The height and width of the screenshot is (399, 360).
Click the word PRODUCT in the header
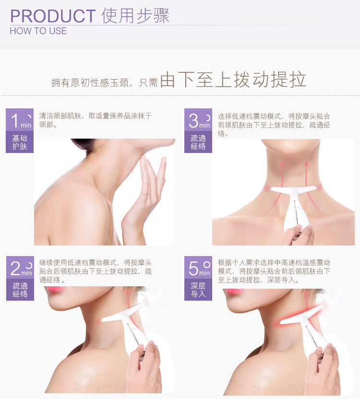point(53,16)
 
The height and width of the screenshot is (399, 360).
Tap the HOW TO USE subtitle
point(38,31)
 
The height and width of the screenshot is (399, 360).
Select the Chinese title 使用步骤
point(135,15)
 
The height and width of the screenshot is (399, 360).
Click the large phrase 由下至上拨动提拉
point(233,80)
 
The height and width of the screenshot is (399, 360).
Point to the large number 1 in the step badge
point(14,120)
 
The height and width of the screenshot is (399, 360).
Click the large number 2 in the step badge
point(15,269)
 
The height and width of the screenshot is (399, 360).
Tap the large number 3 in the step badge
point(193,120)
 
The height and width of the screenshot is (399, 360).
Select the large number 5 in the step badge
point(193,269)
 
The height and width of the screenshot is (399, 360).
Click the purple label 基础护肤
point(20,142)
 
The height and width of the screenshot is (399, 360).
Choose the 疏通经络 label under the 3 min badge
point(198,142)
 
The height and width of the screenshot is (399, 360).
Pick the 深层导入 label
point(198,290)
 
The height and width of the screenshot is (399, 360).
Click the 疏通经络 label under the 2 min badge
point(20,290)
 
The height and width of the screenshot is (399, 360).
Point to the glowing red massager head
point(300,317)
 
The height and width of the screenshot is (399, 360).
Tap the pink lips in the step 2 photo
point(56,289)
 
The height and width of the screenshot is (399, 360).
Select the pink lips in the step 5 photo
point(235,291)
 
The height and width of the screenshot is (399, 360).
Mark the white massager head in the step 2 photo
point(122,314)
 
